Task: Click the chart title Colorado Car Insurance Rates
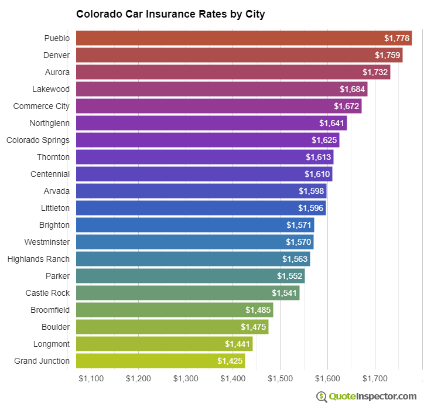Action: pos(170,14)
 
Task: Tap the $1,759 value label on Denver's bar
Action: pos(388,55)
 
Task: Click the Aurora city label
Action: pos(57,72)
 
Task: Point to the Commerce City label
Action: pos(42,106)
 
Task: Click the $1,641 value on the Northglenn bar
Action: pos(332,123)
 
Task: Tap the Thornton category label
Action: pos(53,157)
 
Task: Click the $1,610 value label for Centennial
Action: pos(317,174)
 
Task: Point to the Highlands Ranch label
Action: pos(39,259)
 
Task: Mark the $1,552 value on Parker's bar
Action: pos(290,276)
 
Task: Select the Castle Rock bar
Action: pos(187,293)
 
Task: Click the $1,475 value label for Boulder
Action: pos(253,327)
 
